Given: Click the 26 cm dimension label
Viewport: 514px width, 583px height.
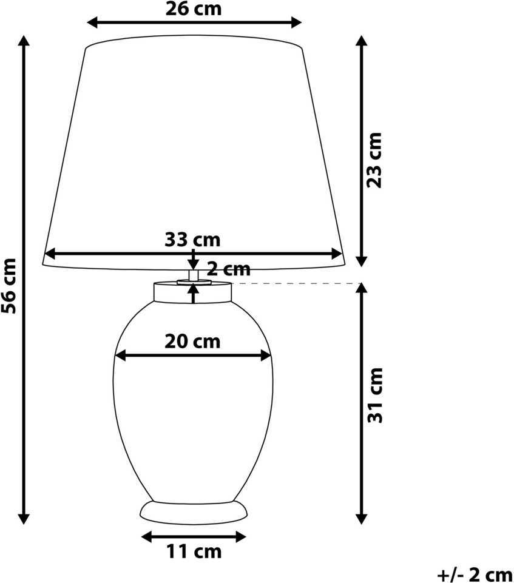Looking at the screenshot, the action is [x=194, y=9].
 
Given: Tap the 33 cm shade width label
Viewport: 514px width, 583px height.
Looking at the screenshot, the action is [x=192, y=240].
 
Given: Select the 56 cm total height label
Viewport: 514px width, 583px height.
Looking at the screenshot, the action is [x=9, y=286].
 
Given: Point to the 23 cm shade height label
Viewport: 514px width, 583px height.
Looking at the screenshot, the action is [x=374, y=160].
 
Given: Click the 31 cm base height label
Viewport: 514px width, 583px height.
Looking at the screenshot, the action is [x=375, y=395].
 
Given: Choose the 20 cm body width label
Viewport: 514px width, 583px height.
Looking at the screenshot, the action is [x=192, y=342].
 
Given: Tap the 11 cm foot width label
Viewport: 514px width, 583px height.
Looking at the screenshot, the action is [x=194, y=551].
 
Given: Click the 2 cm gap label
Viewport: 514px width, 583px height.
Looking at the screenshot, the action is [x=229, y=269].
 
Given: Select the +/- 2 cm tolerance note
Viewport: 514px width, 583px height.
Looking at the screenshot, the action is [x=475, y=575].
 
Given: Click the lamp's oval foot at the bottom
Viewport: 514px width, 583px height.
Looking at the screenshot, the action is [x=194, y=513].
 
